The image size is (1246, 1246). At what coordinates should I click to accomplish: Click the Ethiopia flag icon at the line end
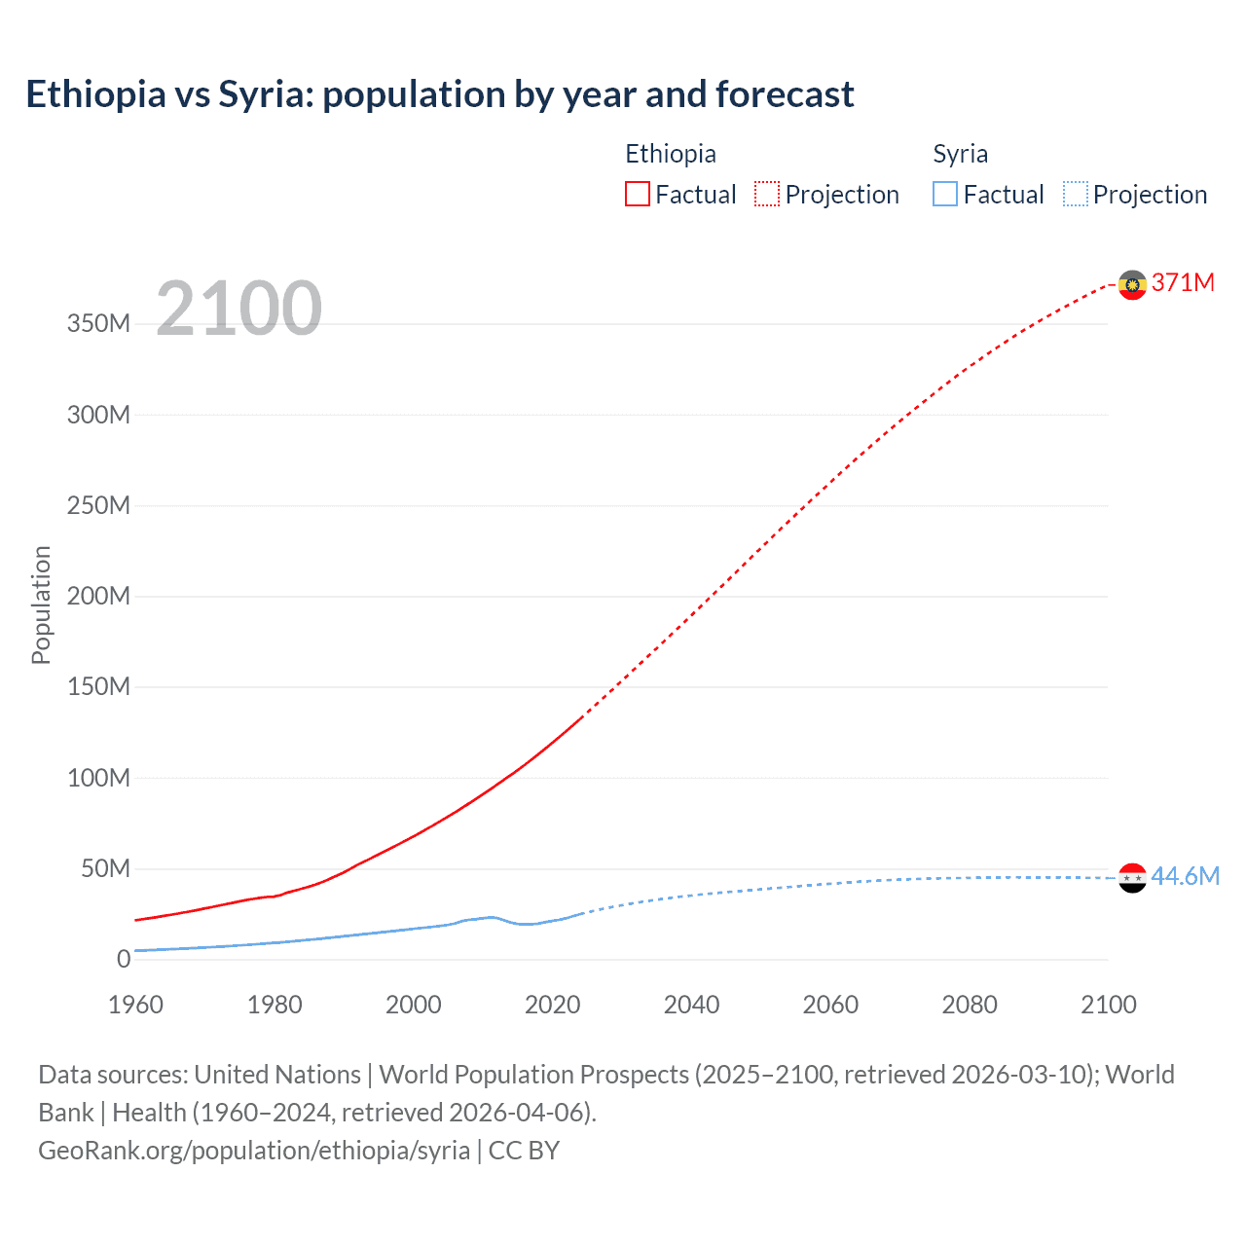tap(1132, 284)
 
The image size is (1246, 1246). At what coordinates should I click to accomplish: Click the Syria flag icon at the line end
tap(1132, 878)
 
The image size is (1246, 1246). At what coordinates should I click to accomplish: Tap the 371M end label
tap(1183, 282)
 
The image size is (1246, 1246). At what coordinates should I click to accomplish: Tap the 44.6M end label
tap(1185, 876)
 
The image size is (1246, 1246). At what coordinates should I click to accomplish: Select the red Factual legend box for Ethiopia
tap(638, 195)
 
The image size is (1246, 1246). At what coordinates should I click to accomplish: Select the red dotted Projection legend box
tap(767, 195)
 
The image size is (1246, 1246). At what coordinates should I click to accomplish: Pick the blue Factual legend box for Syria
tap(945, 195)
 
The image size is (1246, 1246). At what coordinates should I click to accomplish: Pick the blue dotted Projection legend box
tap(1076, 195)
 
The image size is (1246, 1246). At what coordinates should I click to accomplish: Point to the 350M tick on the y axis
tap(98, 324)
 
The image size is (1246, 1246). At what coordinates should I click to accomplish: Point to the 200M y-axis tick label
tap(98, 596)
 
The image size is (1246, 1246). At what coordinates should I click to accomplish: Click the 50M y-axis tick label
tap(105, 868)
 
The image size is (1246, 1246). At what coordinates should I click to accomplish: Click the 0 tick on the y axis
tap(124, 959)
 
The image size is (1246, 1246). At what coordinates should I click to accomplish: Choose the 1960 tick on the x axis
tap(135, 1005)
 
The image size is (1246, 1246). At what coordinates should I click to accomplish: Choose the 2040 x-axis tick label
tap(691, 1005)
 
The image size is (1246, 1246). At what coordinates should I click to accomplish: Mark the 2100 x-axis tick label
tap(1108, 1005)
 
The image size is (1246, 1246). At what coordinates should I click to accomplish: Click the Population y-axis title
tap(41, 605)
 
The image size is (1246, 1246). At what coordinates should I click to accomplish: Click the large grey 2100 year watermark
tap(238, 309)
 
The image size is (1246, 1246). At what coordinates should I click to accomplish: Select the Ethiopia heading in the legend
tap(671, 154)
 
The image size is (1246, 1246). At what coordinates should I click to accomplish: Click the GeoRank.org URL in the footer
tap(254, 1151)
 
